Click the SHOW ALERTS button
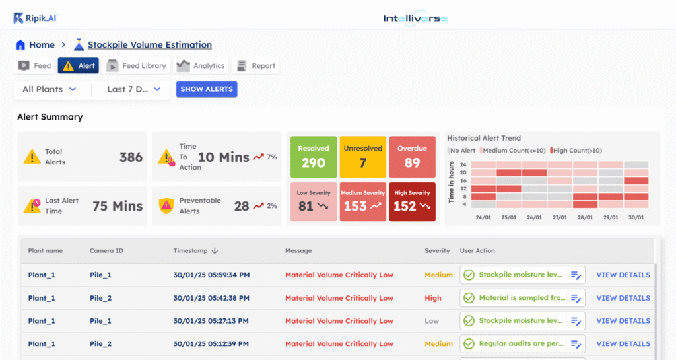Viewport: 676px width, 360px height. tap(207, 89)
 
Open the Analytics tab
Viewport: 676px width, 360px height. tap(201, 65)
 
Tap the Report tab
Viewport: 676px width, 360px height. tap(255, 65)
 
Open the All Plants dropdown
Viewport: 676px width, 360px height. tap(50, 89)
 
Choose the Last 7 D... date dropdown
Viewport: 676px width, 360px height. tap(133, 89)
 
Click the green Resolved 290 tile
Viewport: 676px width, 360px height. tap(313, 157)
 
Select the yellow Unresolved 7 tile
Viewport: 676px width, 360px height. tap(362, 157)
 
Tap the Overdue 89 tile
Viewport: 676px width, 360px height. tap(412, 157)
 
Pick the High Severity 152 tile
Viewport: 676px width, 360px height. tap(412, 201)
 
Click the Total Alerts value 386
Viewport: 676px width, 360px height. tap(131, 157)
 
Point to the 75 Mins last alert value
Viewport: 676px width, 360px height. tap(118, 206)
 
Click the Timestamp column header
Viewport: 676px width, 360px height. tap(195, 251)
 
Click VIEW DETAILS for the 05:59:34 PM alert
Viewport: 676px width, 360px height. tap(623, 275)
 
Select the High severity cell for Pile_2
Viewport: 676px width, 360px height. tap(433, 298)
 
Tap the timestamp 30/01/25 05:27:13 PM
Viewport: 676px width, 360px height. tap(211, 321)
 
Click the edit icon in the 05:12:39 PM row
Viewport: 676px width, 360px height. tap(576, 344)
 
